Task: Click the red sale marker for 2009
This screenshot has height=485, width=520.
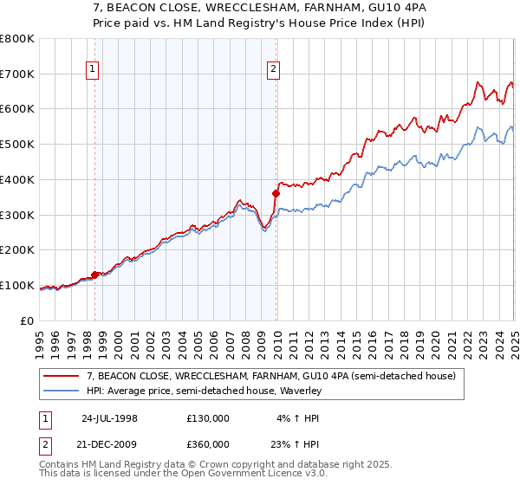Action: tap(276, 193)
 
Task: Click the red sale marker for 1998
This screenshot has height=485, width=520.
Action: tap(94, 275)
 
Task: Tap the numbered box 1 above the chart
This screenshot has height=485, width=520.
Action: tap(92, 71)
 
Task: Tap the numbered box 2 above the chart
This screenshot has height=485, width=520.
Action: tap(274, 71)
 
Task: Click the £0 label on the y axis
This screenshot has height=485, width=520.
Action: tap(28, 320)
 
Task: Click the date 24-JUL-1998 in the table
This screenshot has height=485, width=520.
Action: tap(109, 417)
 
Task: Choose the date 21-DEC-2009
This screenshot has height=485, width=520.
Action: tap(109, 443)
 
